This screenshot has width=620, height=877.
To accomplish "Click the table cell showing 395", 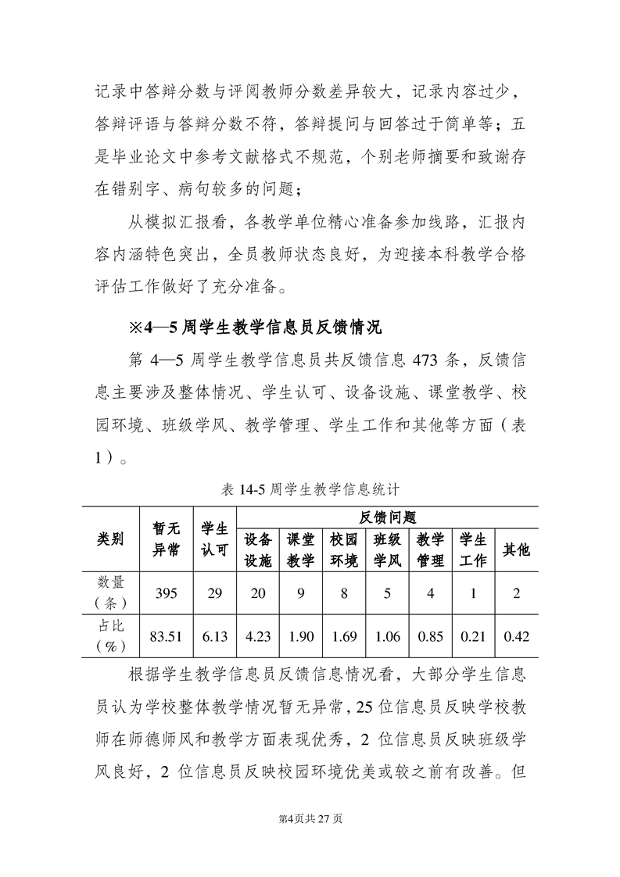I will point(166,593).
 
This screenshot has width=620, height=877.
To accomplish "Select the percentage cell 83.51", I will point(166,637).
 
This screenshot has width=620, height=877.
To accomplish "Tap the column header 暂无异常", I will point(166,539).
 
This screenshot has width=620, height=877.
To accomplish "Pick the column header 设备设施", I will point(258,549).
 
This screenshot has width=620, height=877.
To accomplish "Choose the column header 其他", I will point(516,549).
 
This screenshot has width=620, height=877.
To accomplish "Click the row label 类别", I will point(110,539).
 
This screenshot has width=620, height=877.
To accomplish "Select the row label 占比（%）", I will point(110,637).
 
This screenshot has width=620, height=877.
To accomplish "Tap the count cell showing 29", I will point(214,593).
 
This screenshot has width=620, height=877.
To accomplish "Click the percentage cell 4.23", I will point(258,637).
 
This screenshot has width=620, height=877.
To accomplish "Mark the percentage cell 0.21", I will point(473,637).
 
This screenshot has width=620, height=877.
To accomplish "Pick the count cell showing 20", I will point(258,593).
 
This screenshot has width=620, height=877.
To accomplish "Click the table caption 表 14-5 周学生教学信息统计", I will point(311,490).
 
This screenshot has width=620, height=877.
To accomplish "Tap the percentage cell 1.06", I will point(387,637).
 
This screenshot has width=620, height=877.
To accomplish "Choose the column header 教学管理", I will point(430,549).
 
